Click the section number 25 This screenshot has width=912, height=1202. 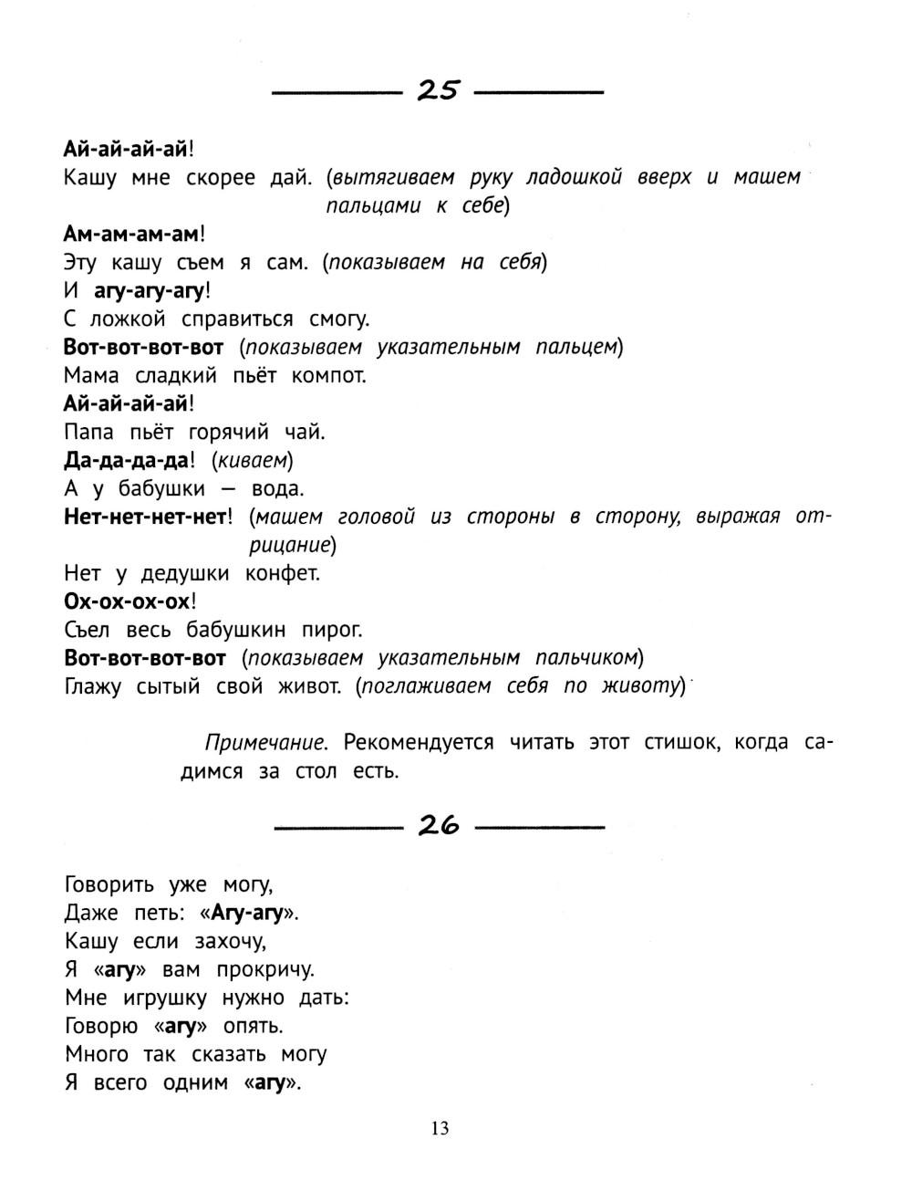(x=439, y=90)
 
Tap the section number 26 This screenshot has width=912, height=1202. (x=439, y=826)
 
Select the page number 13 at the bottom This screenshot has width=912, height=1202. (x=440, y=1129)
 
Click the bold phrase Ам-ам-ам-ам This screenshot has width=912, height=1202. (x=130, y=234)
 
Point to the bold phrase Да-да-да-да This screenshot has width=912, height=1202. (x=125, y=460)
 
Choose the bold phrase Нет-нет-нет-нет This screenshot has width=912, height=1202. (x=144, y=517)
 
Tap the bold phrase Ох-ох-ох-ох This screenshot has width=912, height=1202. (x=128, y=601)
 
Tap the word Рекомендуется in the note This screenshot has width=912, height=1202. (x=419, y=742)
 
